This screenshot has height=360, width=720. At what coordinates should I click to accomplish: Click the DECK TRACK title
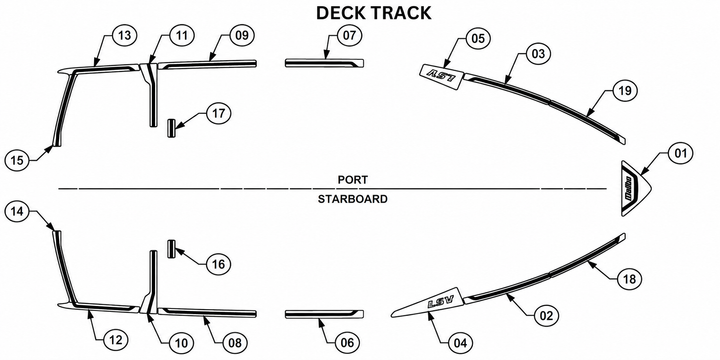[374, 13]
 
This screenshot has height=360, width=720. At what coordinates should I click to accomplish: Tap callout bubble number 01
[681, 153]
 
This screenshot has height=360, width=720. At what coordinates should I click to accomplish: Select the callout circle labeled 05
[478, 38]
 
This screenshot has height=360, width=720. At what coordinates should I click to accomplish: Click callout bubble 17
[219, 113]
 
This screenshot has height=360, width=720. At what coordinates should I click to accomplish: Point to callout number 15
[17, 160]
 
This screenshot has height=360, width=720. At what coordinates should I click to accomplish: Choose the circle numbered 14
[17, 212]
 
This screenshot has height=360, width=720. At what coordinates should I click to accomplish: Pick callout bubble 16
[219, 264]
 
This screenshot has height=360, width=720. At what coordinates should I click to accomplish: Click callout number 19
[625, 91]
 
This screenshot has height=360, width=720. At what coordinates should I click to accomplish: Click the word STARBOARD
[353, 199]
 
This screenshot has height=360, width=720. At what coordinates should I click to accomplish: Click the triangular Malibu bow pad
[635, 189]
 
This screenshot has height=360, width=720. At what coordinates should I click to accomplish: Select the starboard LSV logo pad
[429, 304]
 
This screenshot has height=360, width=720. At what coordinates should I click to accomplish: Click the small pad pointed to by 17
[171, 128]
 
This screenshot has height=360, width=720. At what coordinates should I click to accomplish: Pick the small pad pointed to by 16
[171, 249]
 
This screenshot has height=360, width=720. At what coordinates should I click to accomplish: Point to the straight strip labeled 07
[325, 63]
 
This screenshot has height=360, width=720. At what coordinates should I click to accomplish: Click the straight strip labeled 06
[325, 314]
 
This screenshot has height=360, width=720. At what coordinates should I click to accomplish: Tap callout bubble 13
[124, 36]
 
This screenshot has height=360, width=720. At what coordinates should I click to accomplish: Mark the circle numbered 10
[181, 343]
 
